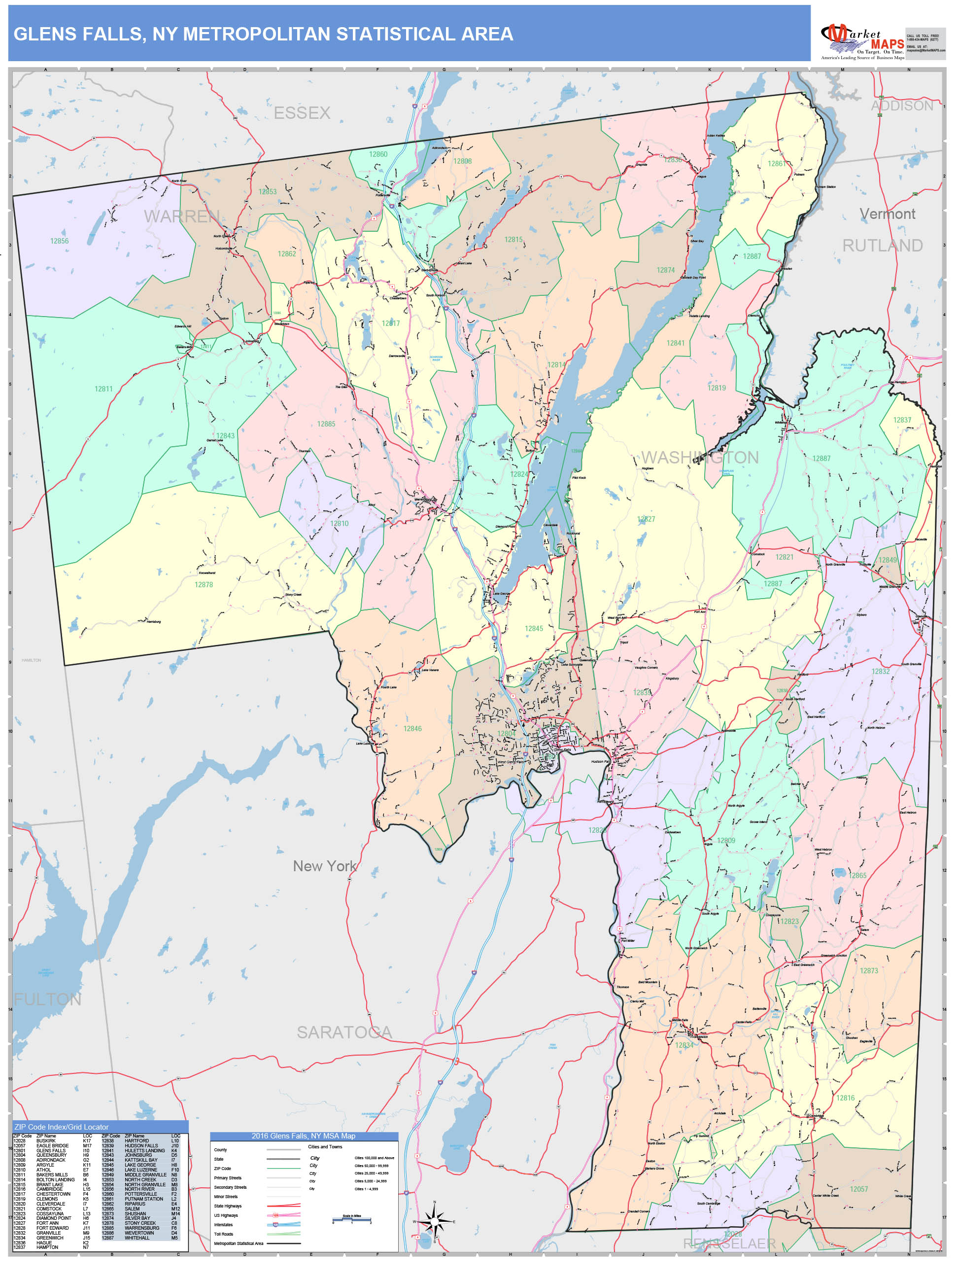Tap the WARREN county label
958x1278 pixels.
click(181, 216)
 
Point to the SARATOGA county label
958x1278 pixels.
click(344, 1032)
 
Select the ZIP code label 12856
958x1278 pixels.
click(59, 241)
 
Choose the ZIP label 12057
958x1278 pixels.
click(858, 1189)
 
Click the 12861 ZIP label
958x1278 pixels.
click(776, 164)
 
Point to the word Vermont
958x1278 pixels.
click(887, 214)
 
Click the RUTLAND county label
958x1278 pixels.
click(882, 246)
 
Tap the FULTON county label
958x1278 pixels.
click(47, 999)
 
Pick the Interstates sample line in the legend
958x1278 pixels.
click(283, 1224)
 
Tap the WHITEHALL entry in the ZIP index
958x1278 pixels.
click(137, 1238)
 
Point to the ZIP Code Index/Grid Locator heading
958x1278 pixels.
click(61, 1127)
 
